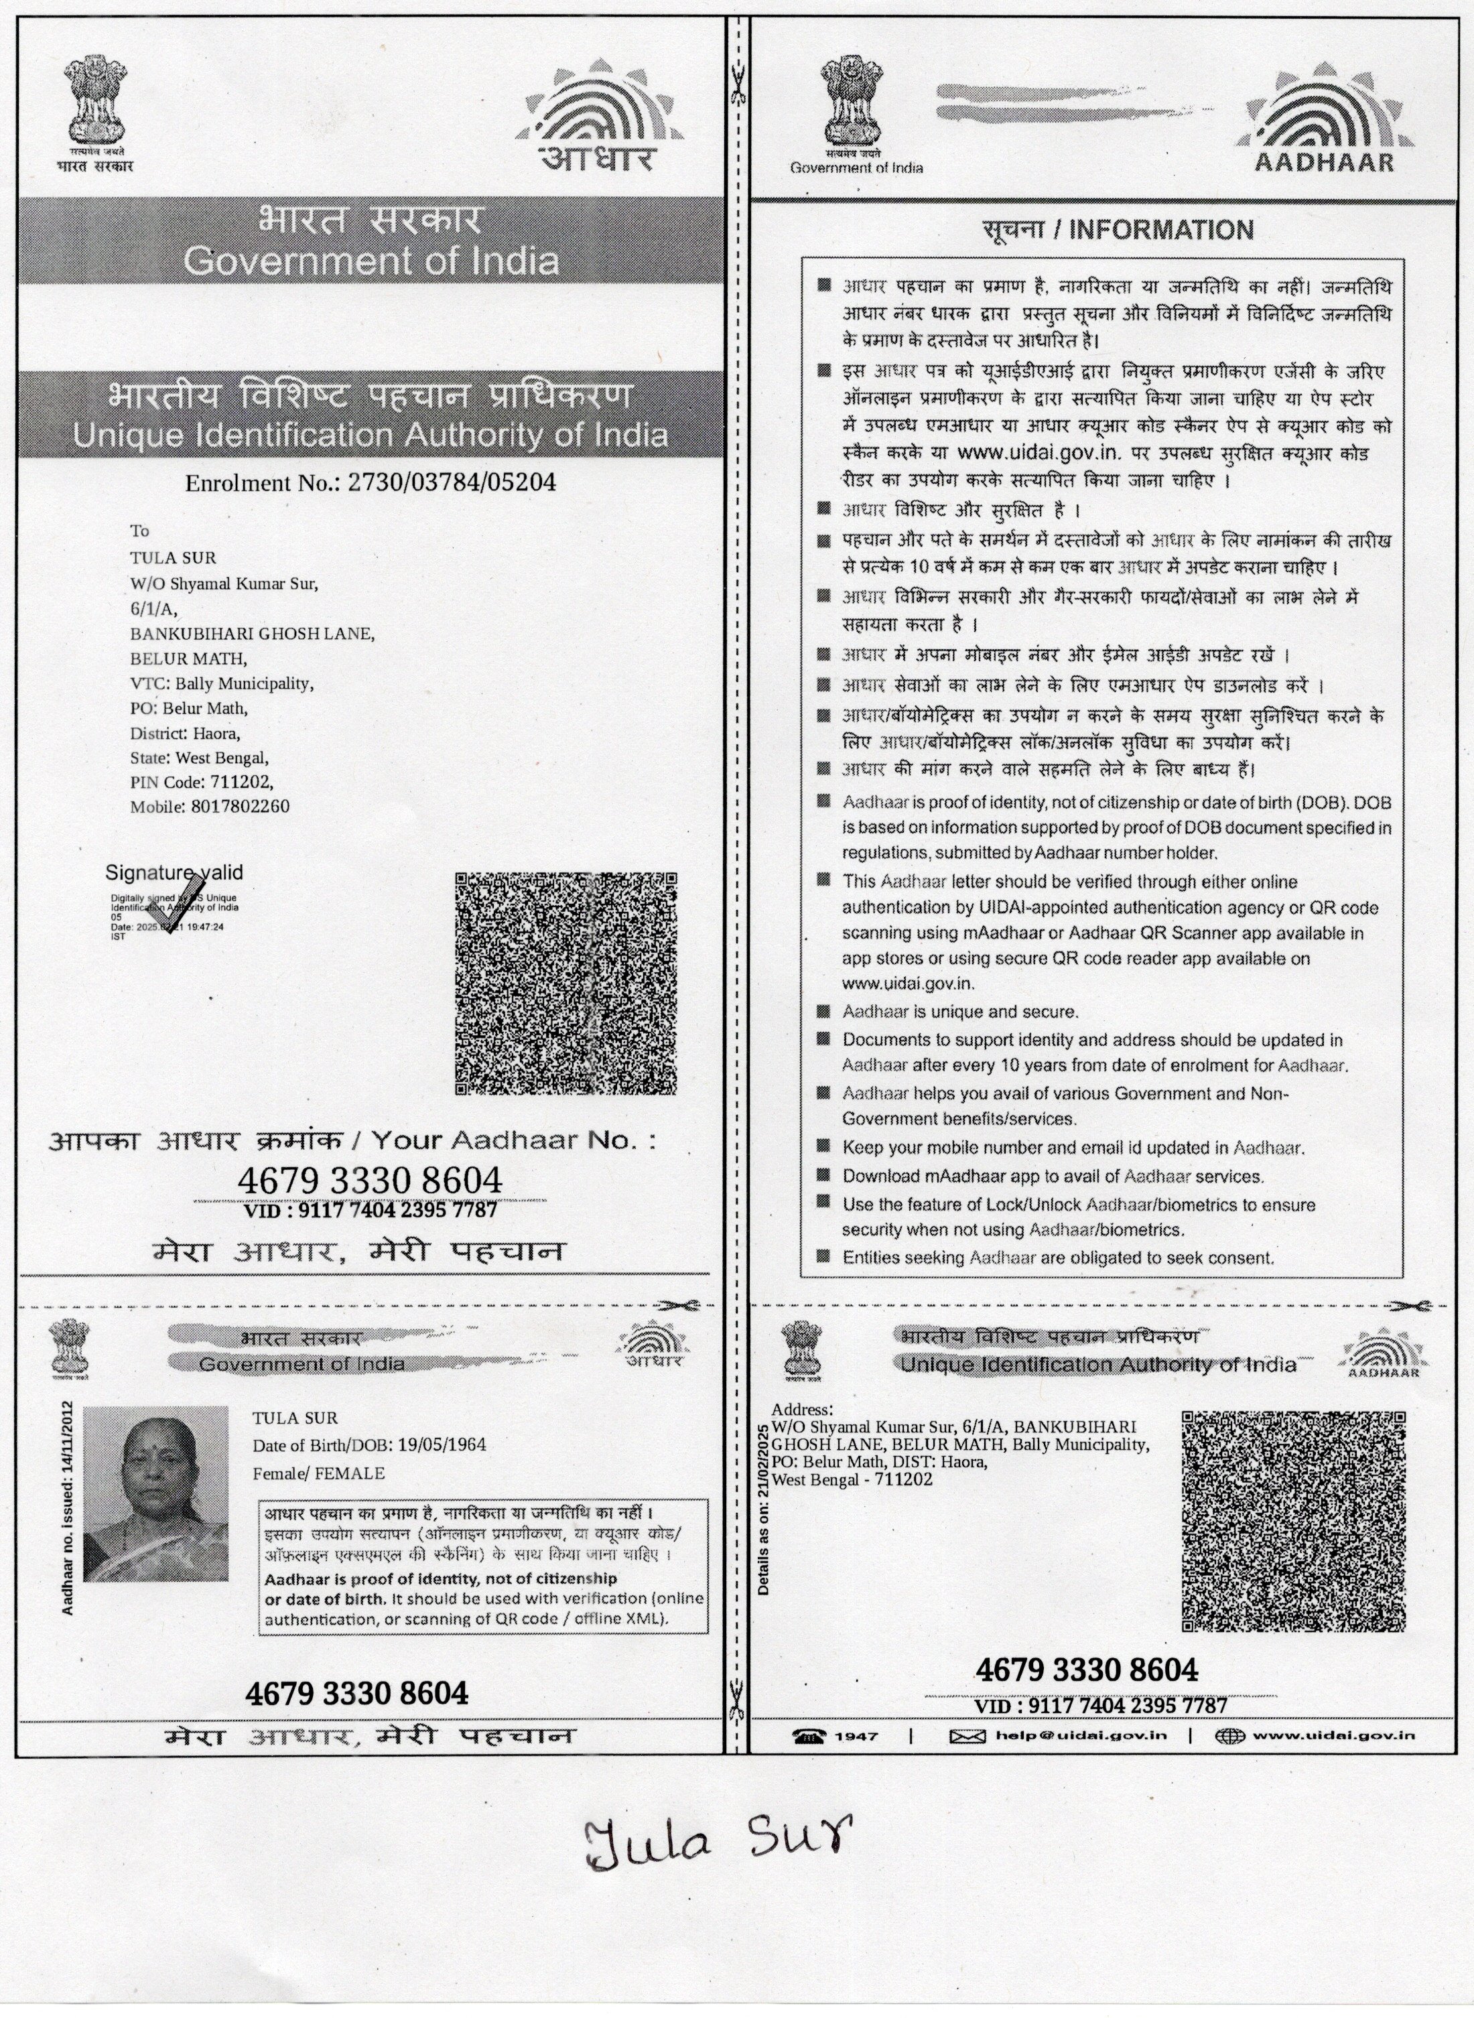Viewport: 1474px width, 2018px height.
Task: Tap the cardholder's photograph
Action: point(156,1493)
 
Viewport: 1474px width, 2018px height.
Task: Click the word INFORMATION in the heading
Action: point(1161,230)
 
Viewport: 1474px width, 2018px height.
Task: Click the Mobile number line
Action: point(210,807)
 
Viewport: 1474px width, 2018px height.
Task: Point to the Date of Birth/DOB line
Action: point(369,1444)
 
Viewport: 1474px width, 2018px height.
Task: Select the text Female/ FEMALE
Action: point(318,1473)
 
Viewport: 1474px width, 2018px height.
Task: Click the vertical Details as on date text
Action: point(763,1507)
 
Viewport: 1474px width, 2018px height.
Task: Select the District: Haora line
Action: point(186,734)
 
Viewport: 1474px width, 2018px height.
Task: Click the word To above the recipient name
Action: point(140,532)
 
